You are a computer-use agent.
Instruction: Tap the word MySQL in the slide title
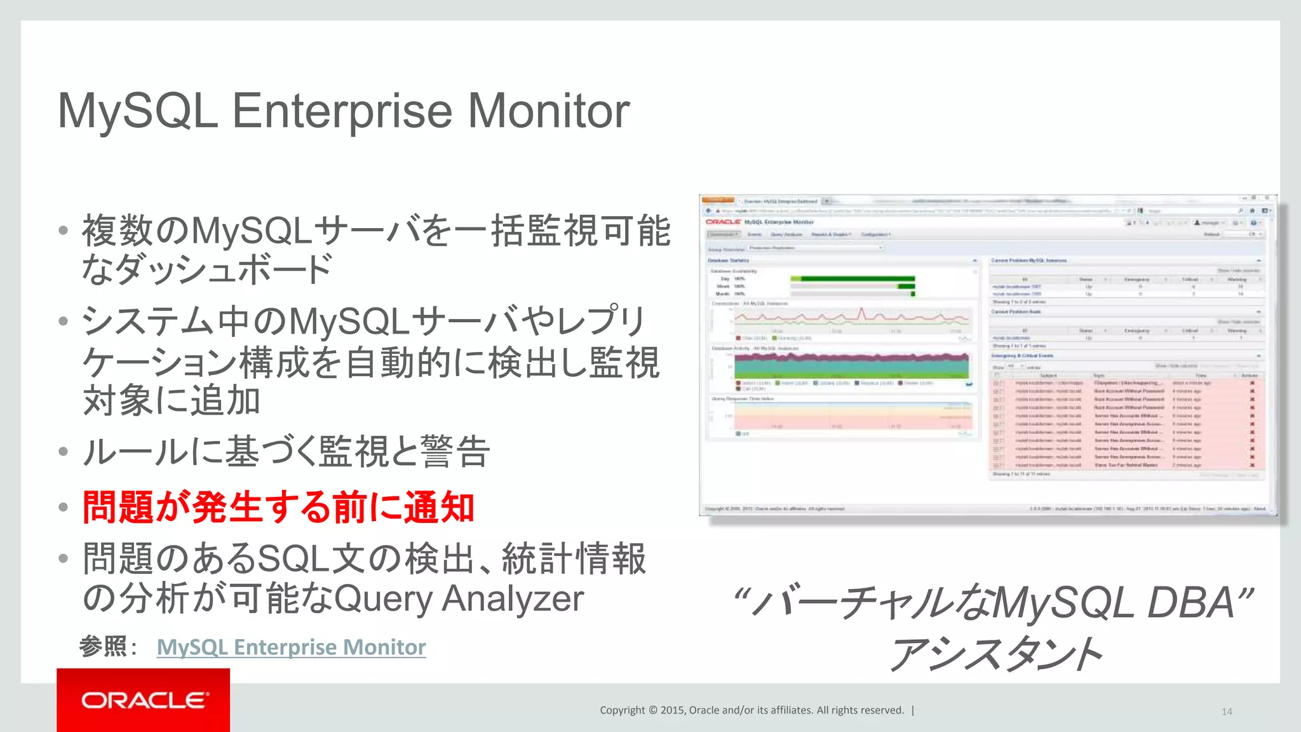coord(138,111)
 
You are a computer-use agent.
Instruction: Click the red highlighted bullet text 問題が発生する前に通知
coord(278,507)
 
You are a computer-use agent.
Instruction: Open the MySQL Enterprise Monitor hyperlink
coord(291,647)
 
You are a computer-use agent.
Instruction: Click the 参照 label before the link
coord(104,647)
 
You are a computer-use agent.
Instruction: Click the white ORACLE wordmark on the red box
coord(144,700)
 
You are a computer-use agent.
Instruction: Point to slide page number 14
coord(1226,712)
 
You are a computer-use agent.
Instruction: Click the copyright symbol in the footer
coord(652,710)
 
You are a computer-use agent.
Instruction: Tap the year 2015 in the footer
coord(673,710)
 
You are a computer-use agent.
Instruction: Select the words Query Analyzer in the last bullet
coord(458,599)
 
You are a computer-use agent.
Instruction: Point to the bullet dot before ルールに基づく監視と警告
coord(63,452)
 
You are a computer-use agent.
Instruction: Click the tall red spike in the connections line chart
coord(862,313)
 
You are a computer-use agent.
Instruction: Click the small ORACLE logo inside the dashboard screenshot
coord(723,222)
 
